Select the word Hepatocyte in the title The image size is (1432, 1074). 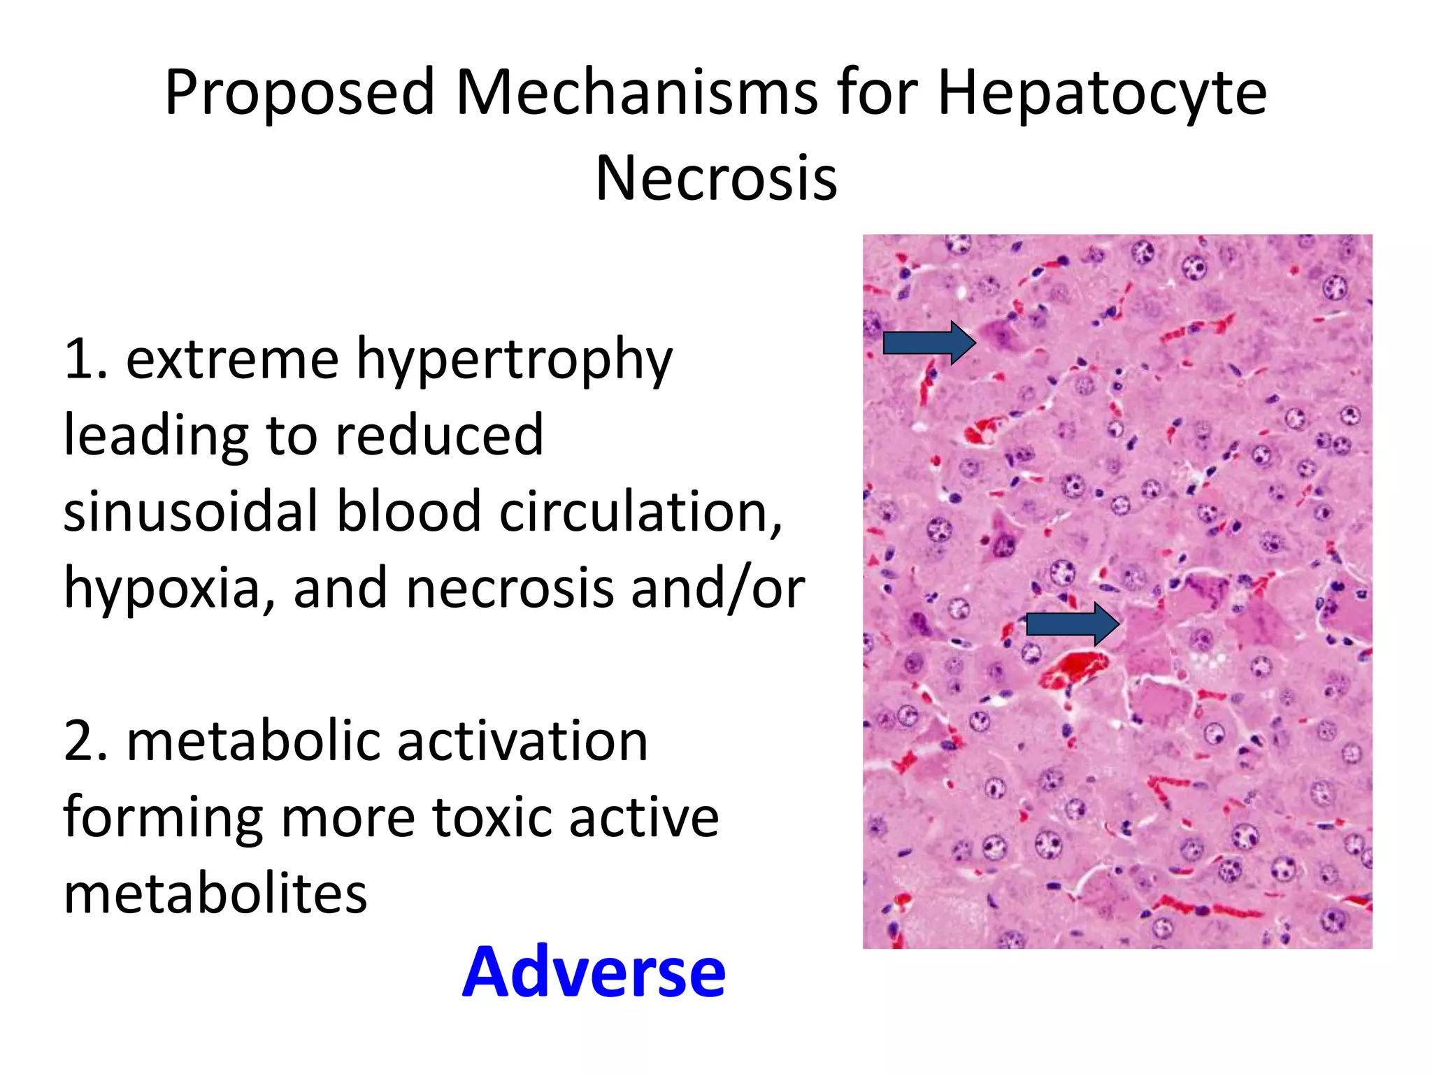pos(1101,93)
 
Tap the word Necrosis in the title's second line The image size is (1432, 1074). pos(716,179)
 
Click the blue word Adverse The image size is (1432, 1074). pos(594,973)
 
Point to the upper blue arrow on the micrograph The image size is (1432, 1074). pos(929,343)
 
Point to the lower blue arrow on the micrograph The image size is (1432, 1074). pos(1072,624)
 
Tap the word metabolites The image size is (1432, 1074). pos(215,894)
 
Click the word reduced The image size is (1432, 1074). pos(439,436)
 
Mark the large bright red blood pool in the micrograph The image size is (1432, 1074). pos(1073,668)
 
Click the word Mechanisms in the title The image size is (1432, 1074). pos(636,93)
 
